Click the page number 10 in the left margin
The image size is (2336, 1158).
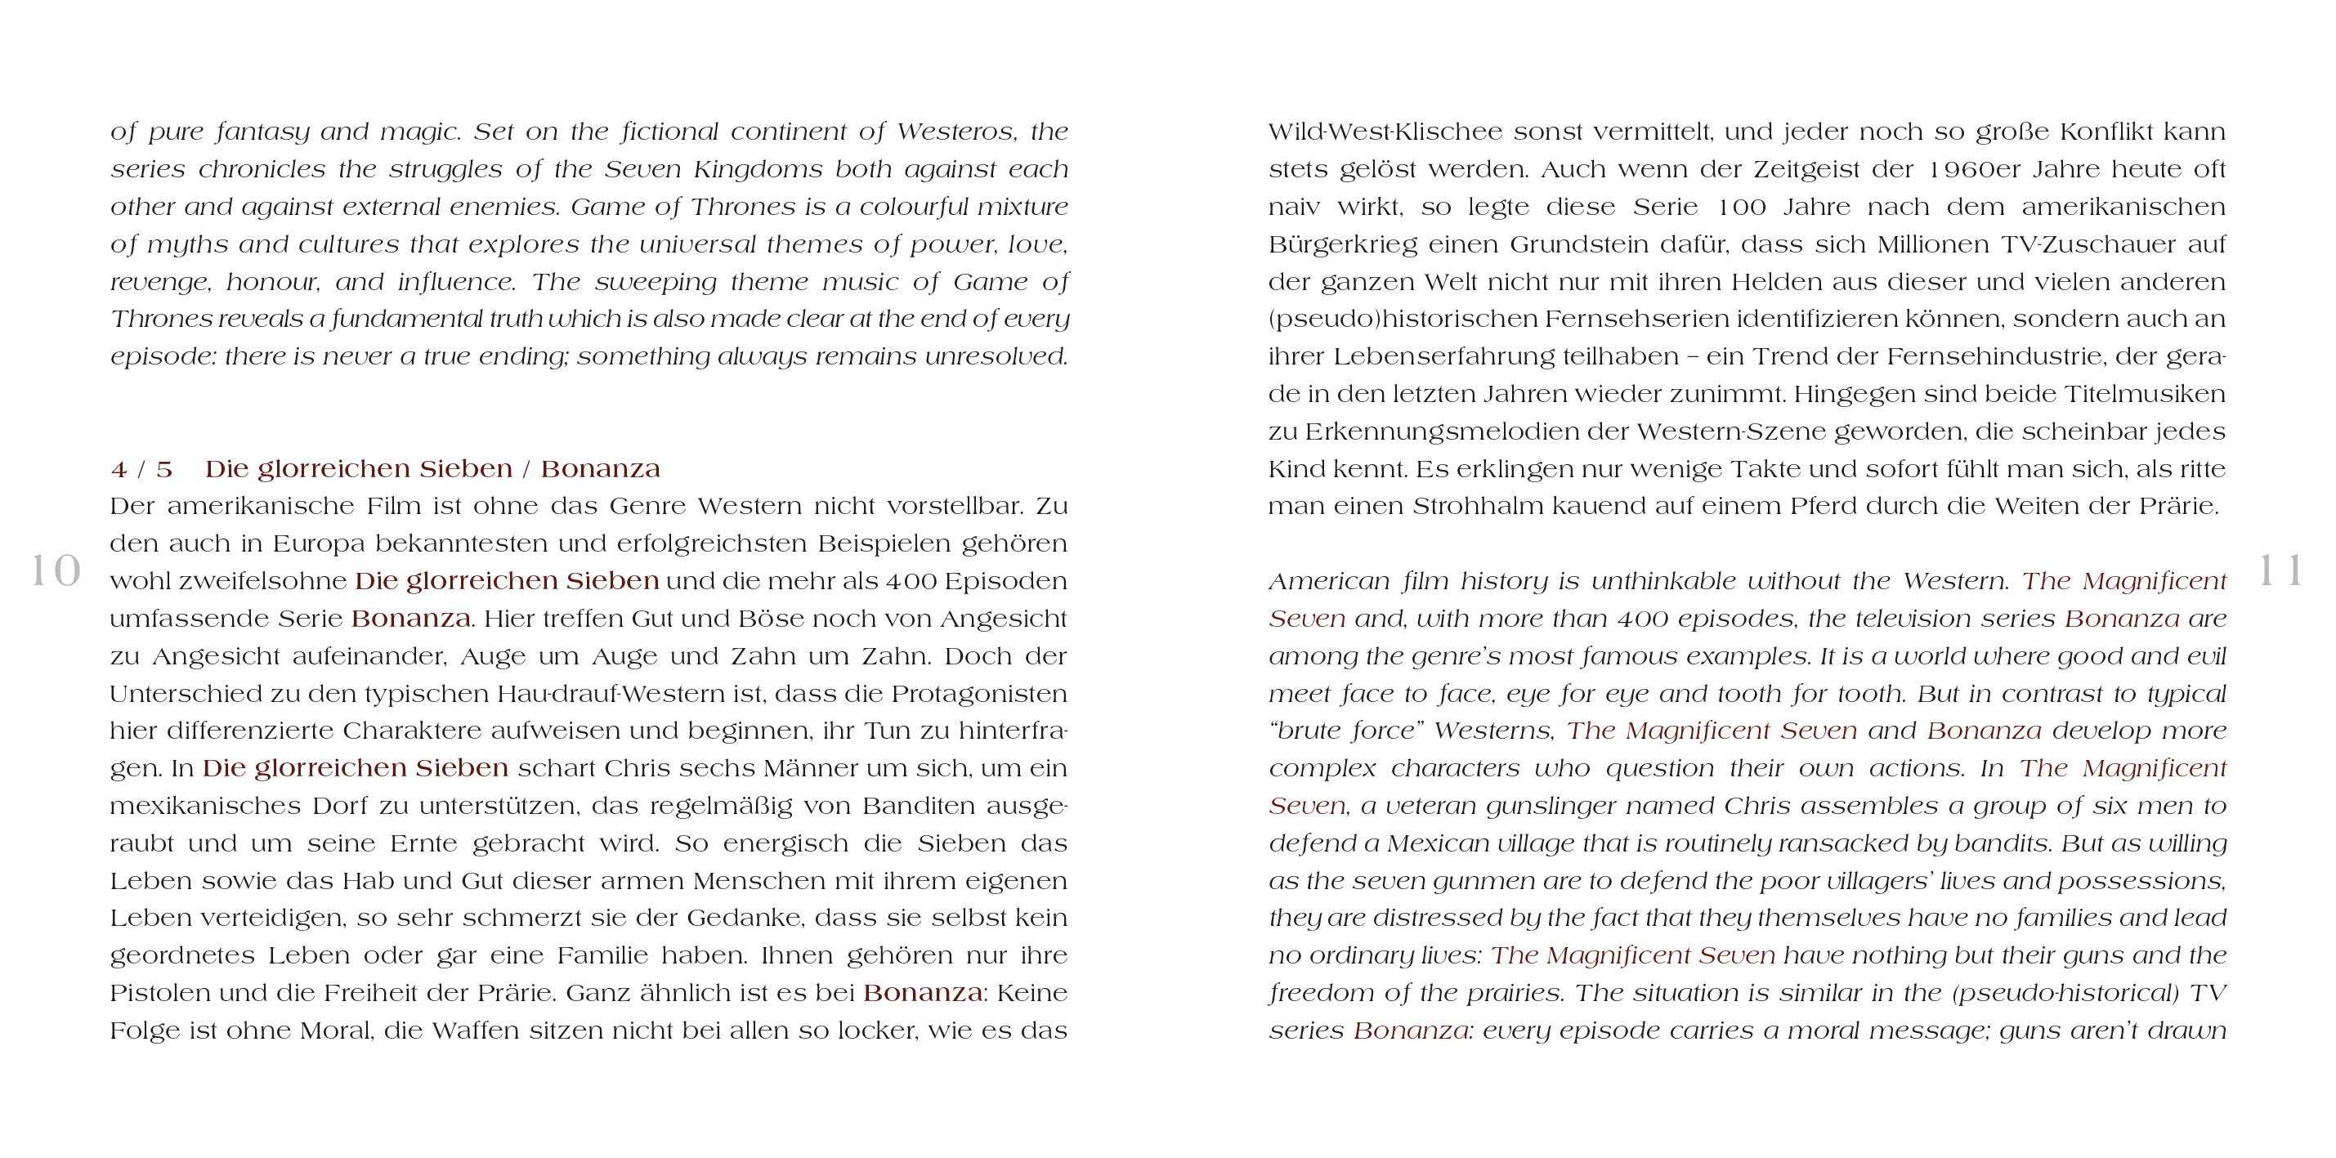pos(56,571)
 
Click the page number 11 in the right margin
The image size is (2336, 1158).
pos(2280,571)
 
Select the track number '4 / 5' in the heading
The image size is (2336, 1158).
pos(141,470)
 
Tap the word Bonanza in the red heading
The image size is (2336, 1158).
pos(600,470)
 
